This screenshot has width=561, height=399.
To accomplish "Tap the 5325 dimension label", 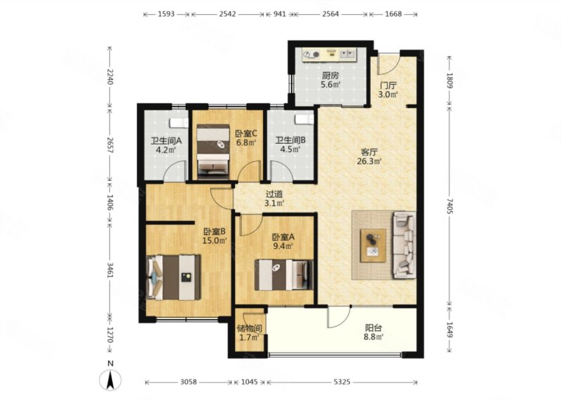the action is (342, 382).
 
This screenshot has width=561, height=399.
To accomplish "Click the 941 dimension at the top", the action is (279, 14).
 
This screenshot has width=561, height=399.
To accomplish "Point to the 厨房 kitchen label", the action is (330, 76).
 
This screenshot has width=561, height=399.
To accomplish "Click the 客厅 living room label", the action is (370, 152).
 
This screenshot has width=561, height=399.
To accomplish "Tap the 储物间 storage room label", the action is (250, 328).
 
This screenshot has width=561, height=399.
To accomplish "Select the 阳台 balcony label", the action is (374, 327).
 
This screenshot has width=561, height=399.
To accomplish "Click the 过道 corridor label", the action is (274, 194).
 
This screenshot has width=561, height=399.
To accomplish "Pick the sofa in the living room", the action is (405, 245).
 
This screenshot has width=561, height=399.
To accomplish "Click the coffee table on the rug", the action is (373, 245).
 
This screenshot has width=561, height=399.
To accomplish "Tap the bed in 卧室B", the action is (173, 277).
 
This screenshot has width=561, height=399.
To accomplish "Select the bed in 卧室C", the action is (213, 151).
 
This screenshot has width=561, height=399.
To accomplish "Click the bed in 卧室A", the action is (284, 274).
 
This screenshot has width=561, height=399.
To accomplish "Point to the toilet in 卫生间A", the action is (179, 123).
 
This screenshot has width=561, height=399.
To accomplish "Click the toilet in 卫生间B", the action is (304, 119).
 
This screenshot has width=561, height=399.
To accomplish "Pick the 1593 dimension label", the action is (166, 14).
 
